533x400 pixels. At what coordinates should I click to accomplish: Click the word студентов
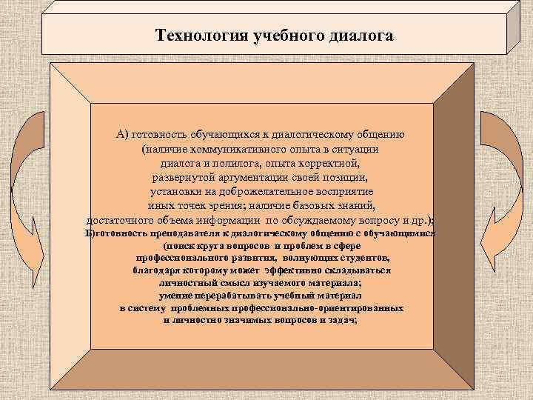(360, 257)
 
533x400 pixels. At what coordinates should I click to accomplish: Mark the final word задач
(343, 319)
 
